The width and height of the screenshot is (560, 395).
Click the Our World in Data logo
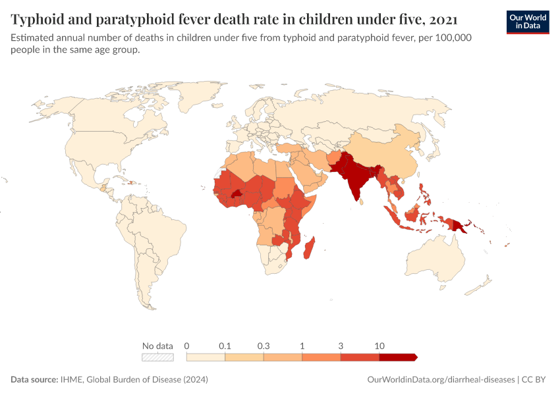pos(528,22)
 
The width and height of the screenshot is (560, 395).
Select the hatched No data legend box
pos(157,357)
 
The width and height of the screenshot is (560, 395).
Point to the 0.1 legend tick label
pos(225,346)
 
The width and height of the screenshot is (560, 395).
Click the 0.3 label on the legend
pos(264,346)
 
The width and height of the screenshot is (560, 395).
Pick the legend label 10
pos(379,346)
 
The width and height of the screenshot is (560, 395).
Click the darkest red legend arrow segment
pos(397,357)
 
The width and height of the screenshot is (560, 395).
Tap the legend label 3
pos(341,346)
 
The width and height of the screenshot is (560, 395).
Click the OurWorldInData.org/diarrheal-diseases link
pos(441,380)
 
